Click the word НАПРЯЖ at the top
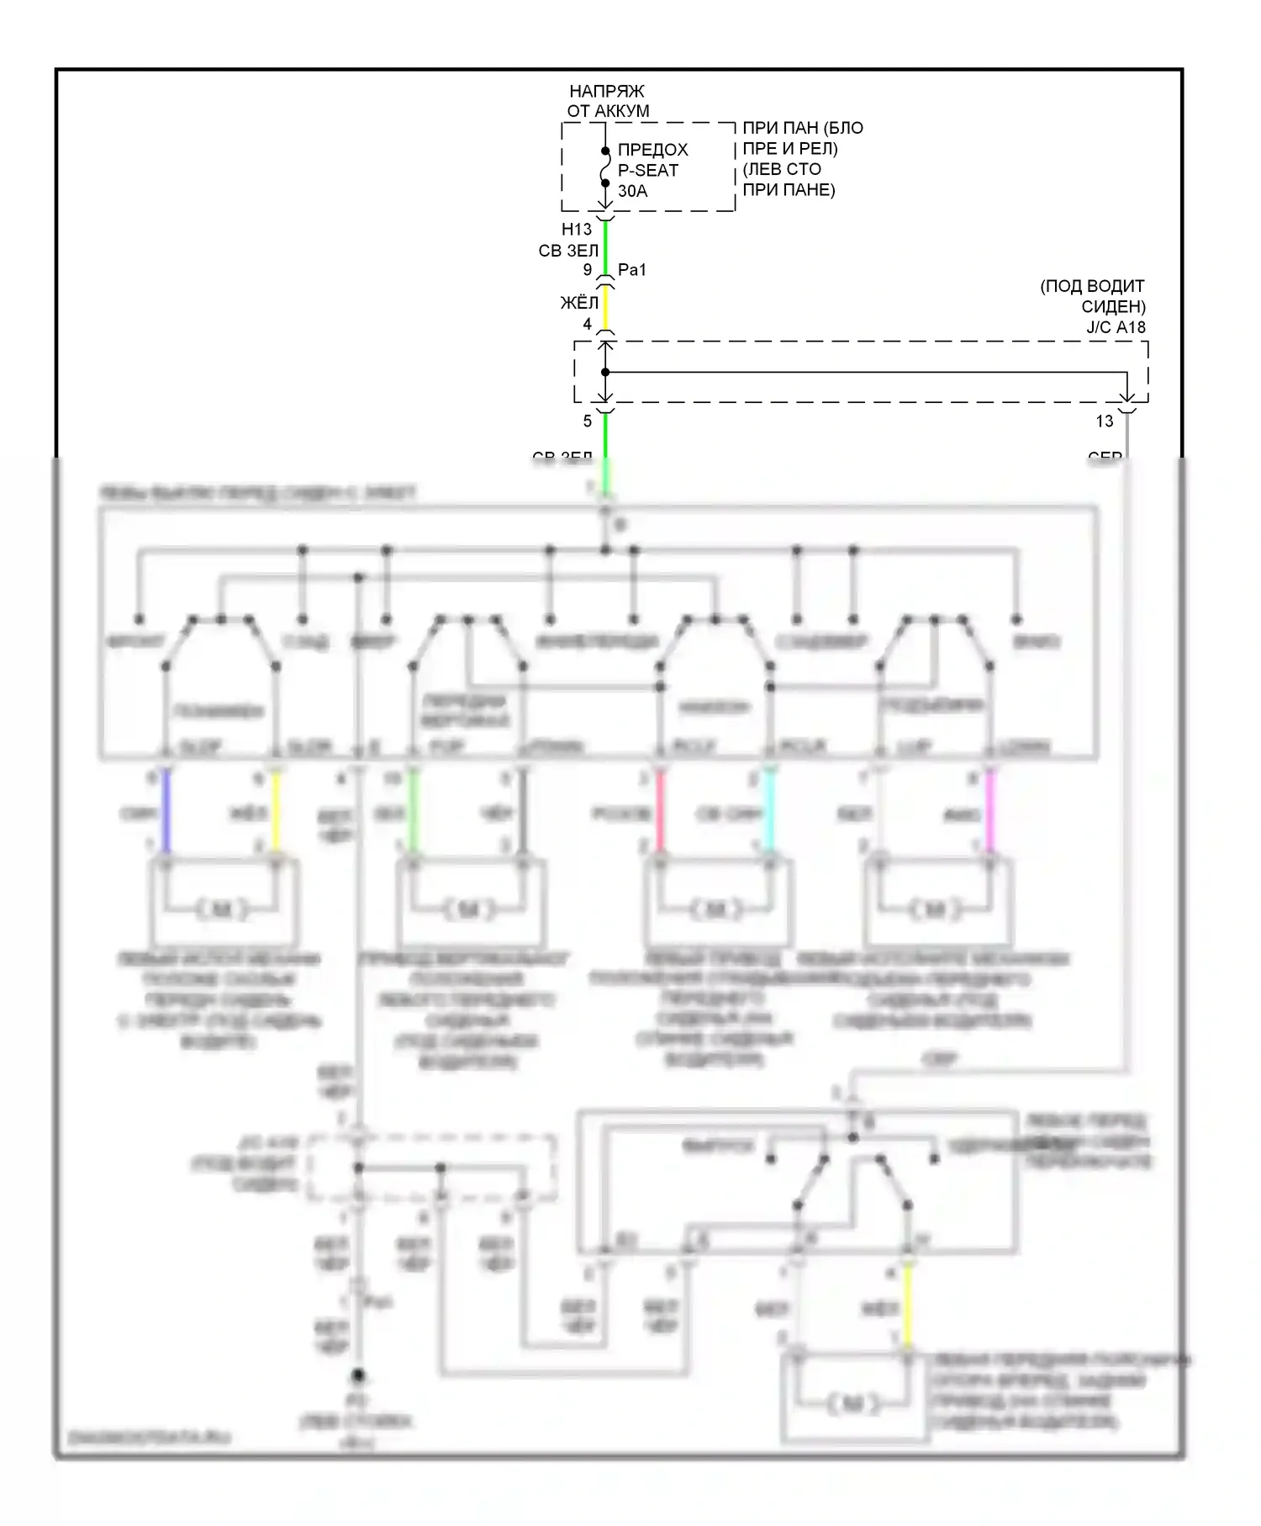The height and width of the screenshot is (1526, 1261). click(606, 91)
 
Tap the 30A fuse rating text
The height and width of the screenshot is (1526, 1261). click(632, 191)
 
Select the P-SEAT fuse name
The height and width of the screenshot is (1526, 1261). click(647, 170)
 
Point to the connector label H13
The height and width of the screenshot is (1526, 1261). click(577, 229)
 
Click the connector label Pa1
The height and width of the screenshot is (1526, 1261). click(632, 270)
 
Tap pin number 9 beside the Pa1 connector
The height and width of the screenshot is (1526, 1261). click(588, 270)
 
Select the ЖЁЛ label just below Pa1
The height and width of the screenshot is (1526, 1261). click(579, 303)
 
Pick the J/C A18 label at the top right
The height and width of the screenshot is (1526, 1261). click(1116, 327)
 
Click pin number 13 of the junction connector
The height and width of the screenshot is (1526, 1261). click(1105, 421)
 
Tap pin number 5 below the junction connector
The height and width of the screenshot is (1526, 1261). click(588, 421)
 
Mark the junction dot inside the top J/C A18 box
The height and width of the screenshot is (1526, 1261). click(605, 372)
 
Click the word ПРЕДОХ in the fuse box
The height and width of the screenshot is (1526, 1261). click(652, 150)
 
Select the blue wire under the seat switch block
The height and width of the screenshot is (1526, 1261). click(166, 813)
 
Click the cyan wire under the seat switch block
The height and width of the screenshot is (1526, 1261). click(768, 813)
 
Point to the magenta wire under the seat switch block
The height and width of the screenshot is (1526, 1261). click(989, 813)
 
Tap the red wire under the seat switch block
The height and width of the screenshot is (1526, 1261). click(660, 813)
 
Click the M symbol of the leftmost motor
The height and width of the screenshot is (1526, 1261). click(222, 909)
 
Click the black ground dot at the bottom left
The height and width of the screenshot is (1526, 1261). click(358, 1376)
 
